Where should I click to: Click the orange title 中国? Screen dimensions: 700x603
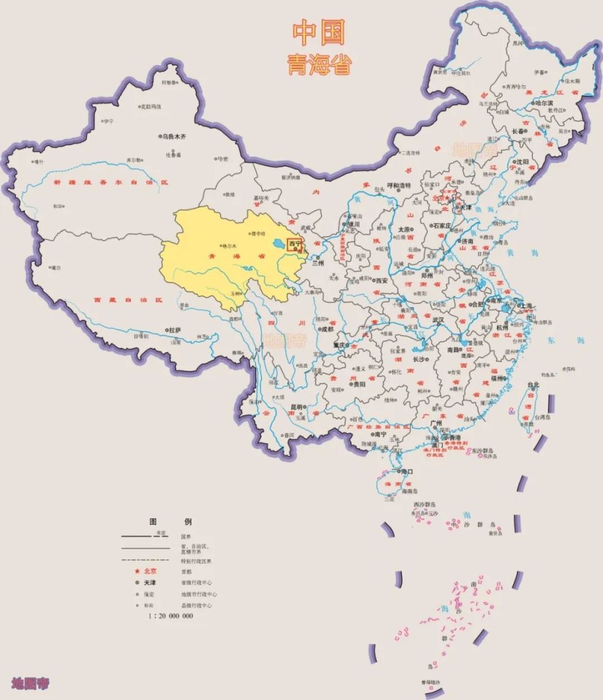pyautogui.click(x=319, y=33)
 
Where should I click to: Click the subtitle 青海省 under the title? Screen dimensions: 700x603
pyautogui.click(x=319, y=64)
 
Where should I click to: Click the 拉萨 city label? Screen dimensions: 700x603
pyautogui.click(x=174, y=329)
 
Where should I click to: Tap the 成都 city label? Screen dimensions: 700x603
pyautogui.click(x=327, y=329)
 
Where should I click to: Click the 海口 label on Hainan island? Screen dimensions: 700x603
pyautogui.click(x=406, y=471)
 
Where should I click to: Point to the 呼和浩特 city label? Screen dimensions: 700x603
pyautogui.click(x=398, y=185)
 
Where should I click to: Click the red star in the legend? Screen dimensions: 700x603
pyautogui.click(x=136, y=571)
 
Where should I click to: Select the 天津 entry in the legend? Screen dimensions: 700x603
pyautogui.click(x=149, y=582)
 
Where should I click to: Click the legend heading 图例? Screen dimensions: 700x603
pyautogui.click(x=170, y=522)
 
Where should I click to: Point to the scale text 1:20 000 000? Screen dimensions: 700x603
pyautogui.click(x=171, y=616)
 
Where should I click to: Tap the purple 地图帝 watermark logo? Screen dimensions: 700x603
pyautogui.click(x=30, y=684)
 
